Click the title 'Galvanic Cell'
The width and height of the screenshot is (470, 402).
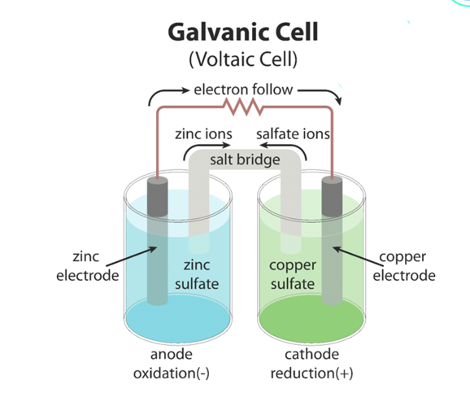(243, 32)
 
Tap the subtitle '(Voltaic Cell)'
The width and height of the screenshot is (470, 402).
(243, 59)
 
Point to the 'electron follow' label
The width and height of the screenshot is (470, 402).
(243, 90)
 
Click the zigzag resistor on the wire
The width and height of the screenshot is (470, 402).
(243, 107)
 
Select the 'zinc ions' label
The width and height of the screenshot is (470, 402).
(203, 133)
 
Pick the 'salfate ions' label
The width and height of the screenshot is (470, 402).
(293, 133)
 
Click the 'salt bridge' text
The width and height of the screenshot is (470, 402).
(245, 159)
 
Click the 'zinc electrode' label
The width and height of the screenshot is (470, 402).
(88, 266)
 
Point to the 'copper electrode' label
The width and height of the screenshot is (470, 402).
(404, 266)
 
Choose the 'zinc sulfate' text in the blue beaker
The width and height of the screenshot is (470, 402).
(197, 274)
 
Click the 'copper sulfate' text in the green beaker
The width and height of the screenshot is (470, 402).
(293, 274)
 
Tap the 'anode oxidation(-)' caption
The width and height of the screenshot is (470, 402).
(172, 364)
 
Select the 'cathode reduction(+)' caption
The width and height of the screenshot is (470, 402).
(311, 364)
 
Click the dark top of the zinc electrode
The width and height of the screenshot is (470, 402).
(158, 196)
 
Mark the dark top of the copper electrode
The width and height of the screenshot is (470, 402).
(332, 196)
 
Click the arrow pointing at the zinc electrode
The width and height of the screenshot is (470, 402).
(131, 256)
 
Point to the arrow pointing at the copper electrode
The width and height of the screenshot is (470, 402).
(358, 256)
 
